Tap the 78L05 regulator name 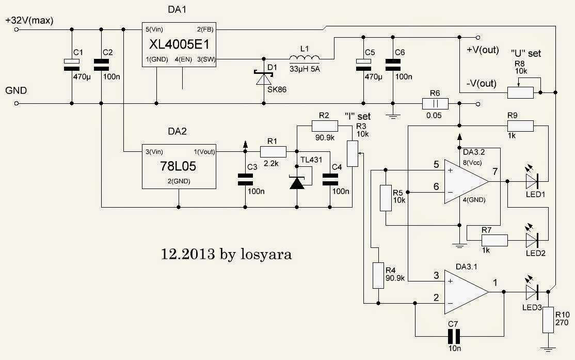[x=178, y=168]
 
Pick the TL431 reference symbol [x=297, y=182]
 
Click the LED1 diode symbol [x=533, y=181]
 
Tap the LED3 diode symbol [x=533, y=291]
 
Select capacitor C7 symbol [x=453, y=337]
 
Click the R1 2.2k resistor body [x=273, y=151]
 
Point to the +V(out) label [x=483, y=50]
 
